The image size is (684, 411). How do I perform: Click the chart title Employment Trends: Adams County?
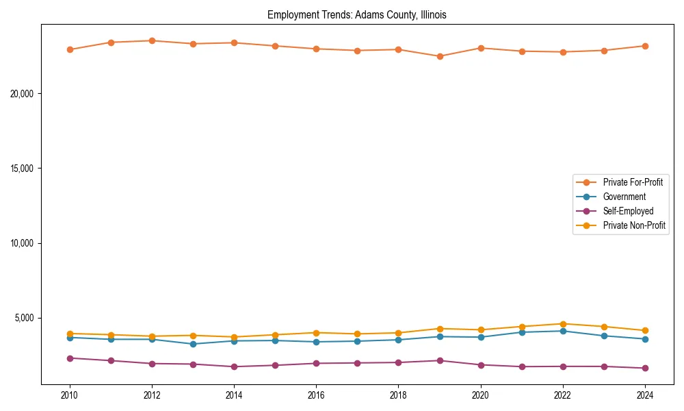(x=356, y=14)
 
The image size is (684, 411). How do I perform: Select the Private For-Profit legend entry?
(x=633, y=182)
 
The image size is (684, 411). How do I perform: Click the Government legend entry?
(x=624, y=197)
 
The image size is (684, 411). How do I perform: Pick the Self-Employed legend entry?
(x=628, y=211)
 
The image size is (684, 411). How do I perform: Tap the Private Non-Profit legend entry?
(x=634, y=225)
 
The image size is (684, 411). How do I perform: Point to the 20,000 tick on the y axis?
(x=23, y=94)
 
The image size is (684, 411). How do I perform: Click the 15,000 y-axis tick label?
(x=23, y=169)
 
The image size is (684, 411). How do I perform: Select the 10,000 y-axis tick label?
(x=23, y=243)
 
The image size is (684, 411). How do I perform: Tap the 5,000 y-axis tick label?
(x=25, y=318)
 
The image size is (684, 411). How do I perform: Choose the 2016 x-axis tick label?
(x=316, y=395)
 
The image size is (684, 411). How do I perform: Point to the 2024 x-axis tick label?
(x=645, y=395)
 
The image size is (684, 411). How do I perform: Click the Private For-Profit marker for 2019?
(x=440, y=56)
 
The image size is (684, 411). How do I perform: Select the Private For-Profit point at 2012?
(x=152, y=40)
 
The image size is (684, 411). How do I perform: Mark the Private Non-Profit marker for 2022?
(x=563, y=324)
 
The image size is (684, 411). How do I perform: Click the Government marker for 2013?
(x=193, y=344)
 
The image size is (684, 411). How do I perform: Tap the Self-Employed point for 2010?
(x=70, y=358)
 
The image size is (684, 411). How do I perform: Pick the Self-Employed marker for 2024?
(x=645, y=368)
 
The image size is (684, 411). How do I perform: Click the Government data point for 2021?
(x=522, y=332)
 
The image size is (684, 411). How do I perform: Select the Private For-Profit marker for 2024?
(x=645, y=46)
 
